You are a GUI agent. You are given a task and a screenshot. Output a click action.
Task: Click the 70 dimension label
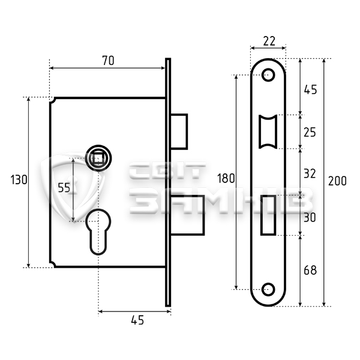pyautogui.click(x=108, y=61)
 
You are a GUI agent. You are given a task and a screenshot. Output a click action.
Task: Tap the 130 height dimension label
pyautogui.click(x=19, y=179)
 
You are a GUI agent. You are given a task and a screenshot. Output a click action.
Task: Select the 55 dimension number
pyautogui.click(x=64, y=188)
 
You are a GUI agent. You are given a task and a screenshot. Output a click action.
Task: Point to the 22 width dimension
pyautogui.click(x=269, y=41)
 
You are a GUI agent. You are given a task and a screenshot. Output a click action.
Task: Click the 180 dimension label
pyautogui.click(x=226, y=178)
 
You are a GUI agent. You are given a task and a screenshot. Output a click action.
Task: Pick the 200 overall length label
pyautogui.click(x=337, y=181)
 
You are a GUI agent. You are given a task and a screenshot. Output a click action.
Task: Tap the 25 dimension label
pyautogui.click(x=310, y=133)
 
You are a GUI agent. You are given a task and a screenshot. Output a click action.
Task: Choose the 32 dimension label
pyautogui.click(x=310, y=173)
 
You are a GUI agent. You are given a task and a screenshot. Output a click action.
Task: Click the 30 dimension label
pyautogui.click(x=310, y=217)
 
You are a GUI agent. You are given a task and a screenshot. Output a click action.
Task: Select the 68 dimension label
pyautogui.click(x=310, y=270)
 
